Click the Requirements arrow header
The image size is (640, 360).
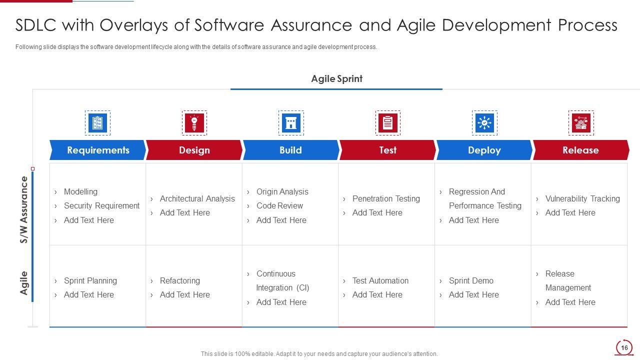click(x=97, y=150)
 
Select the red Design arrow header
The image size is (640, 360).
click(x=194, y=150)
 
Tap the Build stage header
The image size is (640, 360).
click(x=290, y=150)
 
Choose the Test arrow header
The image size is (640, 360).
click(x=387, y=150)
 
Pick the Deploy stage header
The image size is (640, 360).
click(x=484, y=150)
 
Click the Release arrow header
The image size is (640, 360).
click(x=580, y=150)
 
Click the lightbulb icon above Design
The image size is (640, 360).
click(x=194, y=123)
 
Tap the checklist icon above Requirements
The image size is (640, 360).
click(x=97, y=123)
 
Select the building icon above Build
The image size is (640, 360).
click(x=291, y=123)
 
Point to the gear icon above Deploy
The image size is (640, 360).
click(x=484, y=123)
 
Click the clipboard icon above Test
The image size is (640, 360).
click(x=387, y=123)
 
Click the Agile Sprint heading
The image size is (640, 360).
click(x=336, y=79)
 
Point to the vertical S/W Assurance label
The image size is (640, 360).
click(x=24, y=210)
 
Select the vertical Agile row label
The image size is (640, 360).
click(x=24, y=283)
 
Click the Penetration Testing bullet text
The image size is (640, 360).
click(x=386, y=198)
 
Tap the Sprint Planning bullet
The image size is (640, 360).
click(x=90, y=280)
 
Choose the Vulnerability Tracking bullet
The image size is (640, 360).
click(x=582, y=198)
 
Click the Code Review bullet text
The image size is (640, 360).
click(x=279, y=205)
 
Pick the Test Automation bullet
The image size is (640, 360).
click(x=380, y=280)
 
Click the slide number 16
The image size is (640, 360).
click(x=624, y=347)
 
